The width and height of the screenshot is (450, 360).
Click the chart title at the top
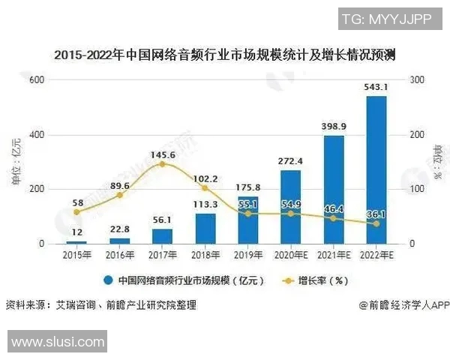pos(225,55)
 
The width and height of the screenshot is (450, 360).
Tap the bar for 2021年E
pos(334,190)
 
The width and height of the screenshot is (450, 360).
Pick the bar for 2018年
pos(205,229)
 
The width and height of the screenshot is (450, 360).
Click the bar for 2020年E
pos(290,207)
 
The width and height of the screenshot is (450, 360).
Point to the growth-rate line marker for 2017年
pos(162,164)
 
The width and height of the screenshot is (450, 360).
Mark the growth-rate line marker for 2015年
pos(76,212)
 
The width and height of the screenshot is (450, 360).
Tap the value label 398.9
pos(334,126)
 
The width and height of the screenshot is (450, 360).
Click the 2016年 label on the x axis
pos(119,255)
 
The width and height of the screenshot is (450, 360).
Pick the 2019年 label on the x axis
pos(247,255)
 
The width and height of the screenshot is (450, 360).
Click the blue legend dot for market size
pos(109,280)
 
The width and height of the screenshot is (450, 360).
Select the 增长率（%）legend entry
pos(315,280)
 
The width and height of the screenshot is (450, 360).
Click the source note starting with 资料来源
pos(100,305)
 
